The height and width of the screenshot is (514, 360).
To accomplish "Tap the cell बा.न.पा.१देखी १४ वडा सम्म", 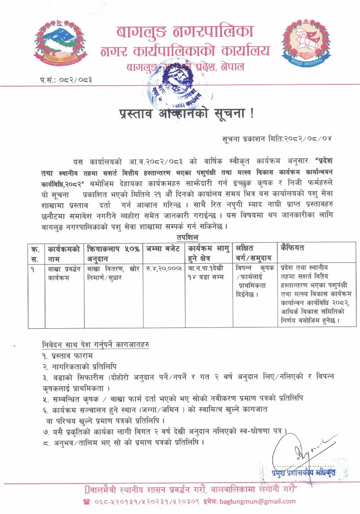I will (208, 273).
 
